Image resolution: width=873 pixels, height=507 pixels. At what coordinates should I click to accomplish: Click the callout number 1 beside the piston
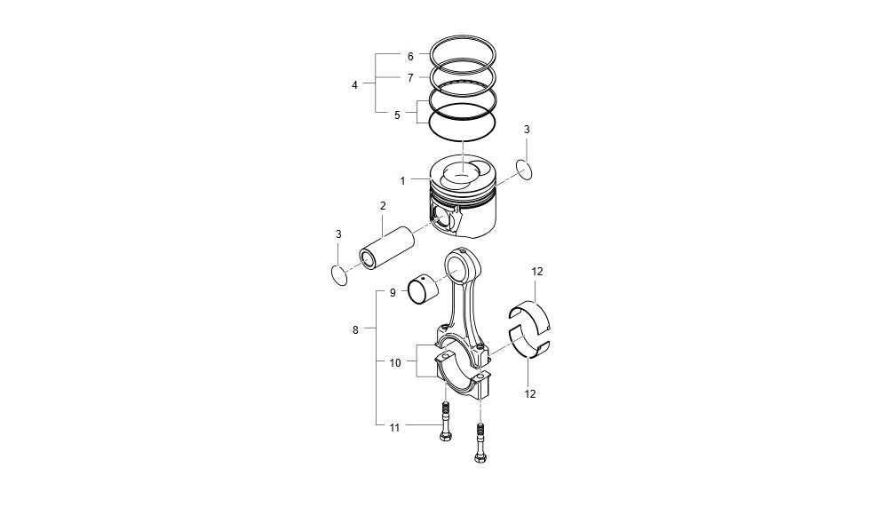(402, 180)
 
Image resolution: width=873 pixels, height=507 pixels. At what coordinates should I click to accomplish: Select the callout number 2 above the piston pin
(383, 206)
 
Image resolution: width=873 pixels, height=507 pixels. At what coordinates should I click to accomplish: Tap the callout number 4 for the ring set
(354, 85)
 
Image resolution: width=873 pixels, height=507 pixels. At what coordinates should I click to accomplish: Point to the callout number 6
(410, 56)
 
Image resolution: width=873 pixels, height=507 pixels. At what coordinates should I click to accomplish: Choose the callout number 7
(410, 78)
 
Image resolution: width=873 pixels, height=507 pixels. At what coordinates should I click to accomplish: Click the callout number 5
(397, 115)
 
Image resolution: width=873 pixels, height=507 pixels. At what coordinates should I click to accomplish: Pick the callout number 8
(355, 329)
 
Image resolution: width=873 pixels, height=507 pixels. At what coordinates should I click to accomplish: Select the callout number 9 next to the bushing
(392, 291)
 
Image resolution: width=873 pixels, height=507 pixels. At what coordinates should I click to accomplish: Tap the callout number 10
(395, 362)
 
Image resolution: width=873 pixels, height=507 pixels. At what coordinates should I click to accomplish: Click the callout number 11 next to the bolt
(395, 427)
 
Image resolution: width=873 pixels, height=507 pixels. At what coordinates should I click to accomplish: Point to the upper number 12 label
(537, 272)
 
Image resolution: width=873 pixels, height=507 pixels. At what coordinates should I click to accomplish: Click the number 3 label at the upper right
(527, 130)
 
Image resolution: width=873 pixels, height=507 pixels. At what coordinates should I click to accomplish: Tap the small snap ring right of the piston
(525, 168)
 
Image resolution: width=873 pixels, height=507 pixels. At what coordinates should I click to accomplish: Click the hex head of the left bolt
(444, 437)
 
